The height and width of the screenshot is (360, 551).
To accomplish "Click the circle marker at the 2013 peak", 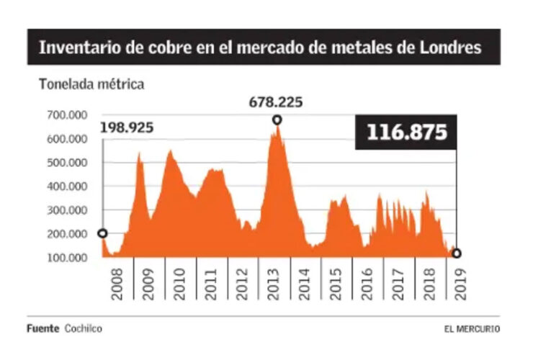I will [x=277, y=120].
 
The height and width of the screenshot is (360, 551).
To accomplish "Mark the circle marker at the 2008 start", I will [x=102, y=233].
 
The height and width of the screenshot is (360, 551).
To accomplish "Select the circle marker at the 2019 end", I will [x=457, y=253].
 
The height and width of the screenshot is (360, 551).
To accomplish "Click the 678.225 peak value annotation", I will [x=276, y=102].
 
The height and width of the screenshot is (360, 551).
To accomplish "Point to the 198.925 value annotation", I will [x=127, y=129].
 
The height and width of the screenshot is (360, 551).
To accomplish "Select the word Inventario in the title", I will [x=75, y=48].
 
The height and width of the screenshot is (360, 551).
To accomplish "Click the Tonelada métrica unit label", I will [x=91, y=84].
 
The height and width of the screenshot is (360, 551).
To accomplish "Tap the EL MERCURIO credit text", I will [x=472, y=329].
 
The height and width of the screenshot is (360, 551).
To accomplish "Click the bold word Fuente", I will [x=43, y=328].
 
